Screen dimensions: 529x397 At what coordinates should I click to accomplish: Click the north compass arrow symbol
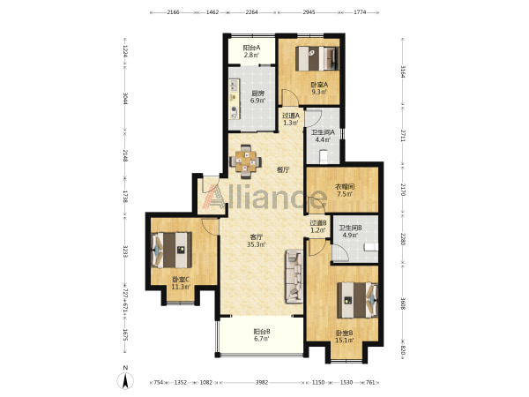tap(125, 381)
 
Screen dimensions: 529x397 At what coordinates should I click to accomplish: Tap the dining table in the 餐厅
tap(245, 161)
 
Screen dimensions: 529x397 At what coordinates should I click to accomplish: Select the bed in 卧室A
tap(317, 58)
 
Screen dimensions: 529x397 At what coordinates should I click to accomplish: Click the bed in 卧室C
tap(171, 250)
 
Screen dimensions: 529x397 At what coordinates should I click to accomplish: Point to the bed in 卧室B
tap(357, 300)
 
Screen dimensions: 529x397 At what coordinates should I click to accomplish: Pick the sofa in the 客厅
tap(294, 276)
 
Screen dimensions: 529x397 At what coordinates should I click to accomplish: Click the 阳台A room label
tap(251, 48)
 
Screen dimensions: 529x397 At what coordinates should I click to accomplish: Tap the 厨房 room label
tap(257, 94)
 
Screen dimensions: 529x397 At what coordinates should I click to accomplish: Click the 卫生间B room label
tap(351, 228)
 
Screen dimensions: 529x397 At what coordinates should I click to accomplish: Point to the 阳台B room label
tap(262, 332)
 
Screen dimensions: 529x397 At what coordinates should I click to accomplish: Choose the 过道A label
tap(291, 116)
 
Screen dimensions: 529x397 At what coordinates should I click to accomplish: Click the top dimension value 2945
tap(309, 12)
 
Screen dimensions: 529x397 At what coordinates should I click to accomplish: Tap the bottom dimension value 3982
tap(262, 382)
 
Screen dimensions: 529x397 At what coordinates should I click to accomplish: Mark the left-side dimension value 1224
tap(125, 51)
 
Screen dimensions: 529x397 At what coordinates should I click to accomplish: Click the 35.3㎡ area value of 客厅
tap(256, 244)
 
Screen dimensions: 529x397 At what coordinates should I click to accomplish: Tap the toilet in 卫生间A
tap(324, 157)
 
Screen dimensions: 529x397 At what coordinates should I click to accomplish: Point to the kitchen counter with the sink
tap(235, 99)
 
